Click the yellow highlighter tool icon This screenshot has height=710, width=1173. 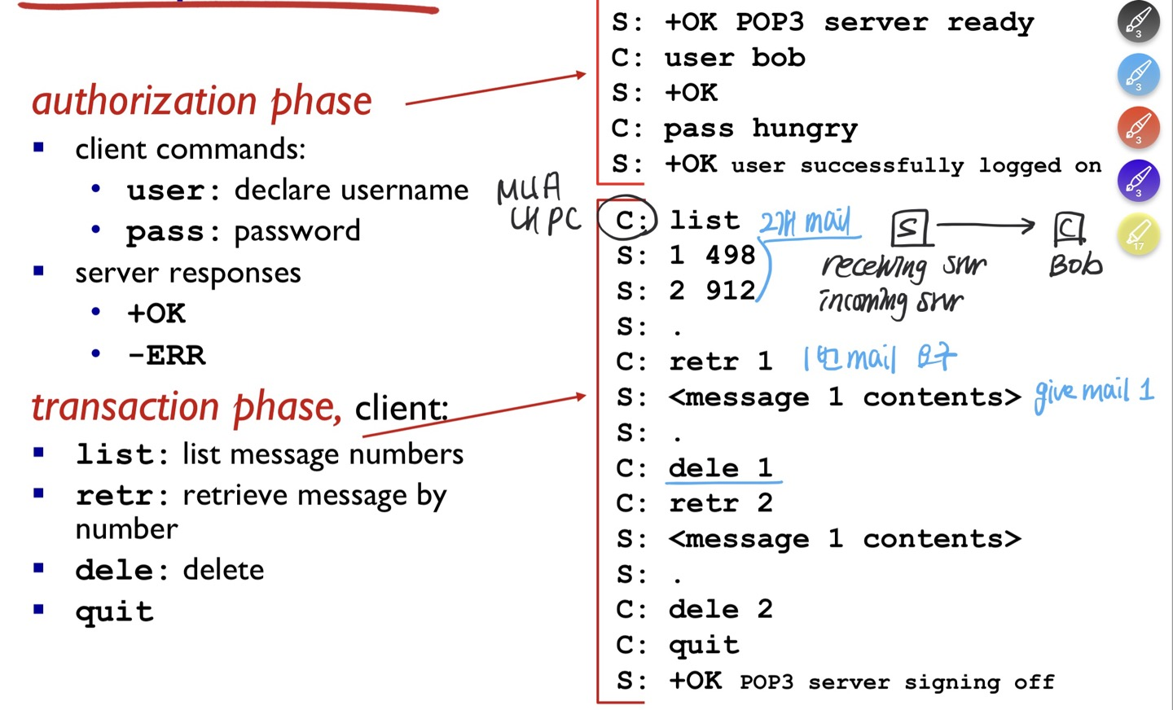pyautogui.click(x=1138, y=235)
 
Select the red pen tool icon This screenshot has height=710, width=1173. pyautogui.click(x=1138, y=128)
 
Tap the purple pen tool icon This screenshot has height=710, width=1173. pyautogui.click(x=1138, y=181)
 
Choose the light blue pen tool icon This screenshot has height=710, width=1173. pyautogui.click(x=1138, y=74)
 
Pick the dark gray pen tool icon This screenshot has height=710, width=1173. pyautogui.click(x=1138, y=21)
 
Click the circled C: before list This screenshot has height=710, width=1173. pyautogui.click(x=626, y=219)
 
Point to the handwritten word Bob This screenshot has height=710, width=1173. pyautogui.click(x=1075, y=265)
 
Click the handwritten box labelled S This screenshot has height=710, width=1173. pyautogui.click(x=910, y=228)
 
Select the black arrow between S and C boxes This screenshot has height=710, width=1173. pyautogui.click(x=986, y=225)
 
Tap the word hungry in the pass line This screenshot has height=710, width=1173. pyautogui.click(x=804, y=129)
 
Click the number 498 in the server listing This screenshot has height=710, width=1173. pyautogui.click(x=730, y=255)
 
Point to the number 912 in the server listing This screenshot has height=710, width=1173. pyautogui.click(x=730, y=291)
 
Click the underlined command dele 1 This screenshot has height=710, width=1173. pyautogui.click(x=720, y=467)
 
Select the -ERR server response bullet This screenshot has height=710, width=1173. pyautogui.click(x=166, y=355)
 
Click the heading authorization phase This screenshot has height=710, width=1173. pyautogui.click(x=202, y=101)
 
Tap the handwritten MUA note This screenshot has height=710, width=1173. pyautogui.click(x=529, y=188)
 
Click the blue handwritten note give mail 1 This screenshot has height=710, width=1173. pyautogui.click(x=1094, y=393)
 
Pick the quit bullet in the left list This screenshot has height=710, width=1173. pyautogui.click(x=114, y=611)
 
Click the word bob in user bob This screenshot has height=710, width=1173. pyautogui.click(x=778, y=58)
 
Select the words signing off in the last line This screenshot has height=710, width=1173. pyautogui.click(x=978, y=682)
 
